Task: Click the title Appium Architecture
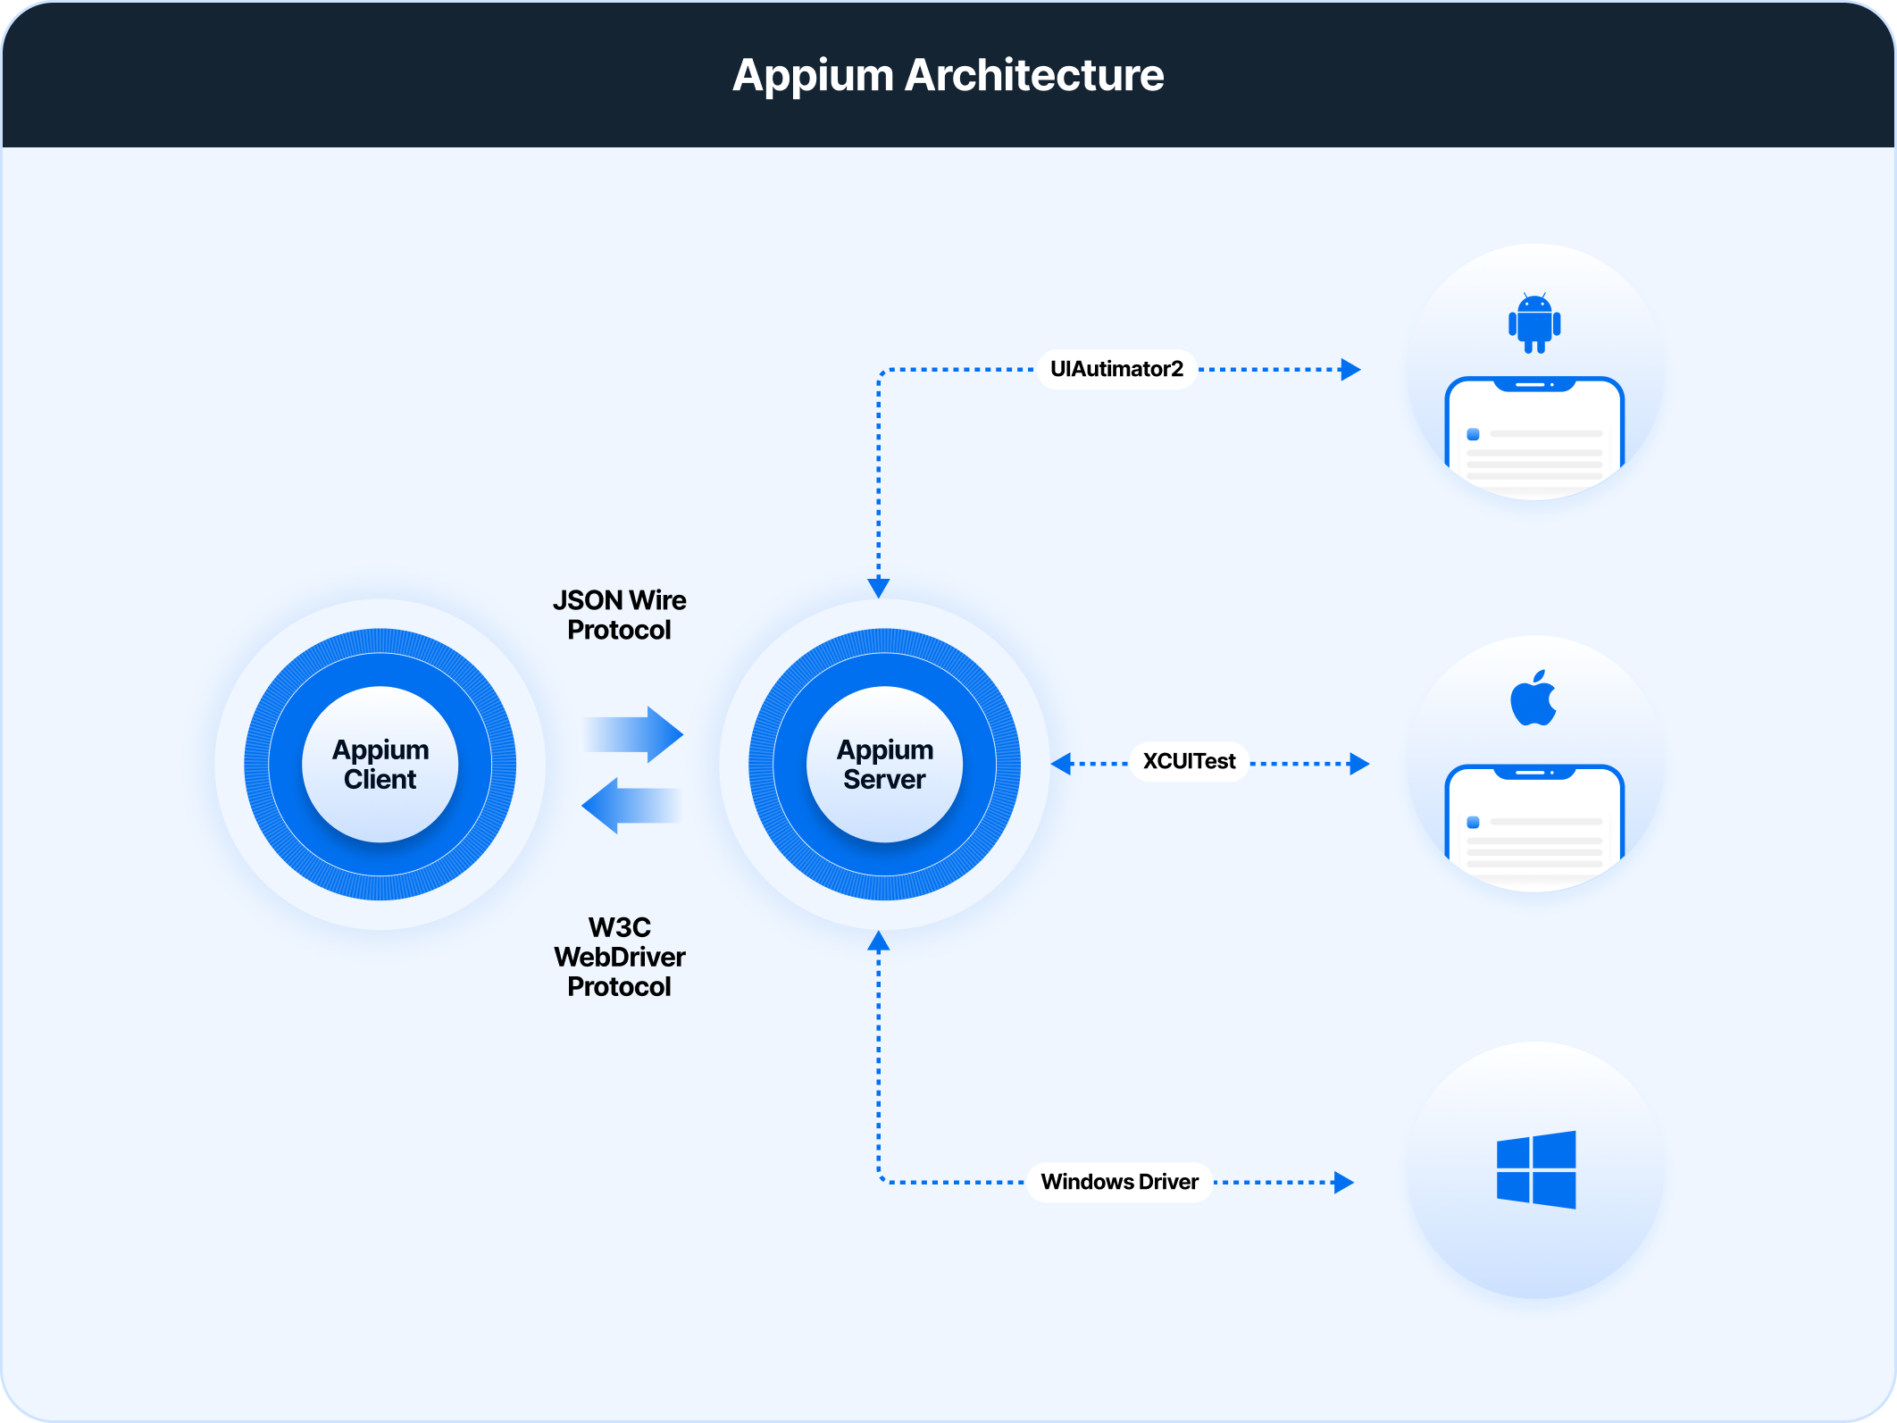[x=948, y=75]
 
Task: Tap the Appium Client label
[x=380, y=765]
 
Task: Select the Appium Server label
[x=884, y=765]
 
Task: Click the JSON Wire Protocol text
[x=619, y=615]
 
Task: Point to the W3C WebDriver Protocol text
[x=619, y=957]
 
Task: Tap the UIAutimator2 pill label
[x=1116, y=369]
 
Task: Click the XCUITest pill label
[x=1189, y=762]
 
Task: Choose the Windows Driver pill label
[x=1119, y=1182]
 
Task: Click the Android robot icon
[x=1534, y=323]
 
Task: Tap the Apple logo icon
[x=1533, y=699]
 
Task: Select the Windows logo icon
[x=1536, y=1169]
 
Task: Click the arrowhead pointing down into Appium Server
[x=879, y=587]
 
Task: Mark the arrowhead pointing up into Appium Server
[x=879, y=941]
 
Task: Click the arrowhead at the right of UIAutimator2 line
[x=1350, y=369]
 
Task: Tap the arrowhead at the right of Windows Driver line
[x=1344, y=1182]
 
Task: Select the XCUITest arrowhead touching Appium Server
[x=1061, y=764]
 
